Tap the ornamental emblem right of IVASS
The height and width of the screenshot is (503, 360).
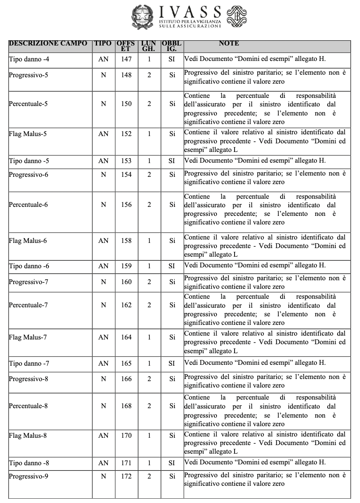click(x=237, y=17)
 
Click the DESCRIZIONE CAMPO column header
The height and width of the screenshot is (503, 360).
click(x=48, y=43)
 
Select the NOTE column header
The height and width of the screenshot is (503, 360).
click(x=229, y=43)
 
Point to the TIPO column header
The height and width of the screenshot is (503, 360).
click(x=103, y=43)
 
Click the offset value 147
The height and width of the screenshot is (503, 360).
click(x=126, y=59)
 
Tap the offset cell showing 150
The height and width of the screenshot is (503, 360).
click(x=126, y=104)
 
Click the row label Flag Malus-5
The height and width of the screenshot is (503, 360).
click(x=27, y=134)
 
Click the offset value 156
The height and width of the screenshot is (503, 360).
click(x=126, y=205)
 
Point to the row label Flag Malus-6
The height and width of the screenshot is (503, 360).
click(x=27, y=241)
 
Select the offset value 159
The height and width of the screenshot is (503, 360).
click(x=126, y=266)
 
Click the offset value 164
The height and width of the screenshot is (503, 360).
click(x=126, y=337)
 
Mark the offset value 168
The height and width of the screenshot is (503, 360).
click(x=126, y=406)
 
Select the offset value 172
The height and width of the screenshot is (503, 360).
click(x=126, y=476)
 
